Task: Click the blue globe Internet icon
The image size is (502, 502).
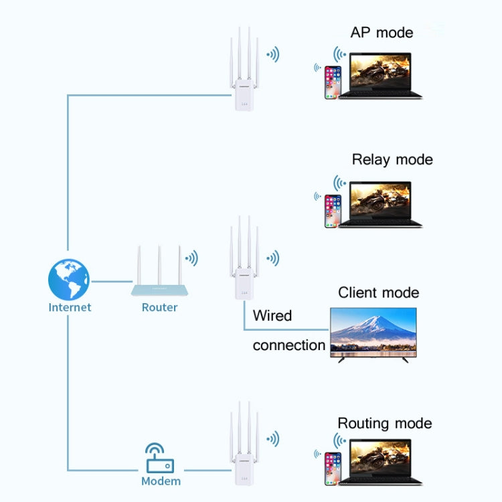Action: pos(68,279)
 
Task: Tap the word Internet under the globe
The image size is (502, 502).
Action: pos(70,308)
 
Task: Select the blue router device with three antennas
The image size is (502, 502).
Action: pos(159,286)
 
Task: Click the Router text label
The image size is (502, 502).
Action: pos(159,308)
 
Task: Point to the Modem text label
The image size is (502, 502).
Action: pos(161,481)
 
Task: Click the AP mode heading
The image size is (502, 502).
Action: pos(382,33)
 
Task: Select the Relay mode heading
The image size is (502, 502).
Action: pos(392,159)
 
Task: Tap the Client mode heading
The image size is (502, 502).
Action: pos(378,292)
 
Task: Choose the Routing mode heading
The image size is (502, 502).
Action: pos(384,423)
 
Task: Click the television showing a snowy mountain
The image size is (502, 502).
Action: pos(373,333)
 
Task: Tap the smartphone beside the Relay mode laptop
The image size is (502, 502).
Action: pos(333,211)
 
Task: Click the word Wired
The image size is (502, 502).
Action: pos(272,315)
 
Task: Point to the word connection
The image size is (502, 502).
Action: pos(288,345)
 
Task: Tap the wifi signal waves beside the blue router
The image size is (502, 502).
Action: pos(192,258)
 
